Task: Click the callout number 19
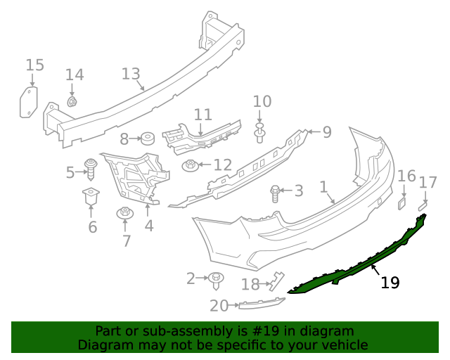pyautogui.click(x=390, y=283)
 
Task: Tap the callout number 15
pyautogui.click(x=34, y=65)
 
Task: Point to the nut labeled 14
pyautogui.click(x=72, y=102)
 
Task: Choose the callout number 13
pyautogui.click(x=131, y=74)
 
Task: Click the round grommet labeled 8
pyautogui.click(x=148, y=137)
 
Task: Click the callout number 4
pyautogui.click(x=148, y=226)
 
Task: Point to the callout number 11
pyautogui.click(x=202, y=115)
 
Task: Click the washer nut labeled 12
pyautogui.click(x=190, y=166)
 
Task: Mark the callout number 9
pyautogui.click(x=326, y=131)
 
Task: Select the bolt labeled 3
pyautogui.click(x=275, y=191)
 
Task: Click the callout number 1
pyautogui.click(x=323, y=188)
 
